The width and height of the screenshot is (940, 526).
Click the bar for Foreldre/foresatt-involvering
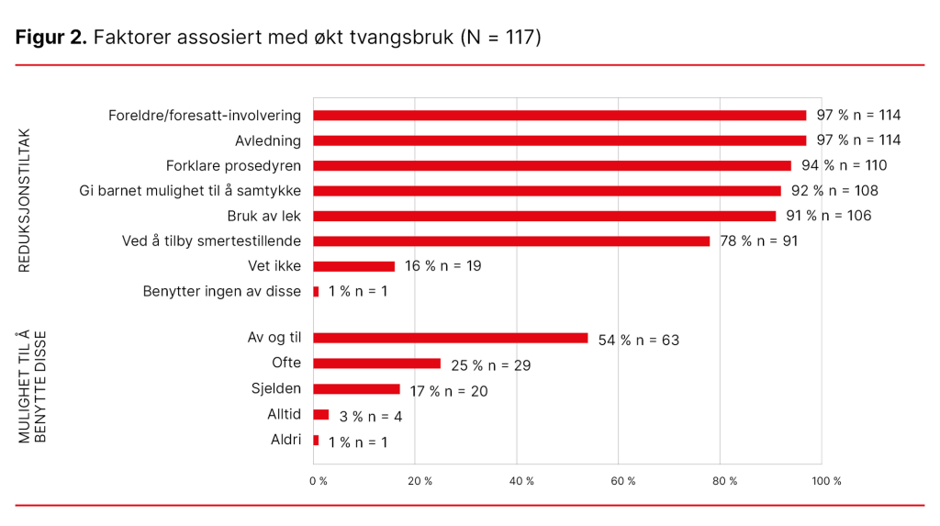(560, 116)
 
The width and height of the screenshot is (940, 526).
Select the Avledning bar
(560, 140)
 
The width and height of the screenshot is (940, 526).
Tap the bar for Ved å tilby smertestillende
(511, 241)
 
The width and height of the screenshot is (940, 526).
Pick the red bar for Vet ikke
(354, 266)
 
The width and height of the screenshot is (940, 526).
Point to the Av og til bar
(451, 338)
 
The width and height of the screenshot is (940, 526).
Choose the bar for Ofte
(377, 364)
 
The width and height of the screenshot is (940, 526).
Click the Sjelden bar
(357, 389)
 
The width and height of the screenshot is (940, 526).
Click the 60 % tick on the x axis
(622, 481)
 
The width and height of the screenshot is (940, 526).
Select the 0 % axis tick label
(318, 481)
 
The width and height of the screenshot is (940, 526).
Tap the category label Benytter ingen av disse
(221, 292)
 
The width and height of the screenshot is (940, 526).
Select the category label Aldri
(285, 440)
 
